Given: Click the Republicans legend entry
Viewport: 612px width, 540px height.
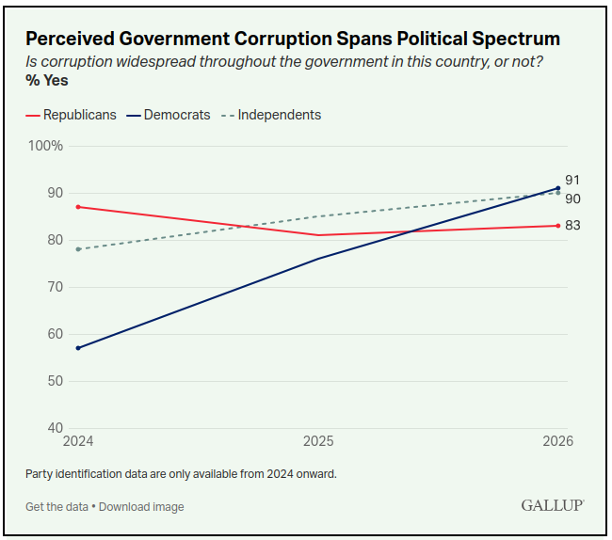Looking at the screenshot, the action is coord(71,115).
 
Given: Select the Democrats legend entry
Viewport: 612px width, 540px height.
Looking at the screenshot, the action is coord(169,115).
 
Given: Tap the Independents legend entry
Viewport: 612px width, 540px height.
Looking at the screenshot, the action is coord(271,115).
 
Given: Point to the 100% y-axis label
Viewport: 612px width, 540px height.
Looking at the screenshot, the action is coord(45,146).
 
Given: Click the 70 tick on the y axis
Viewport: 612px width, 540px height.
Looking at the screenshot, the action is coord(56,287).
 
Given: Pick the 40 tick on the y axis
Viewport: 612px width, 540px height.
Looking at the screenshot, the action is coord(56,428).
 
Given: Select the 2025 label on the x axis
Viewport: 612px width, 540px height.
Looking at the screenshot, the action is coord(318,441).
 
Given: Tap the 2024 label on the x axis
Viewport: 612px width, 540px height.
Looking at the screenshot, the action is coord(78,441).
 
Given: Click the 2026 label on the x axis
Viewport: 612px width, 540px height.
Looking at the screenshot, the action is coord(558,441).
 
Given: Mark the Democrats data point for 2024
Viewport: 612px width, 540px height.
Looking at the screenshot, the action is coord(78,348).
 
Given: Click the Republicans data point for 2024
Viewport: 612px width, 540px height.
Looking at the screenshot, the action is coord(78,207).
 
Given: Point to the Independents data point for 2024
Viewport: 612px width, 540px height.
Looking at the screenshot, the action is coord(78,249).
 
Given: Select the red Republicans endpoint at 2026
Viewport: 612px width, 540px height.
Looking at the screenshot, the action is coord(558,226).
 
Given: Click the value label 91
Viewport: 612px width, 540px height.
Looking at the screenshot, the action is coord(572,180).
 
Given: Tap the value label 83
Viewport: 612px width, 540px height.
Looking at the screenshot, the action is coord(572,226).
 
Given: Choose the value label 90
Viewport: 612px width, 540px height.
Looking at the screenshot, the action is coord(572,199).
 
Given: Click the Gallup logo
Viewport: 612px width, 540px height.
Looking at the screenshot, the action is coord(553,505).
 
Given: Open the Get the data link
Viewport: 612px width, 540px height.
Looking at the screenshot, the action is coord(57,507).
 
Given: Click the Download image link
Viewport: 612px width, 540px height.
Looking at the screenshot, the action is coord(141,507).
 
